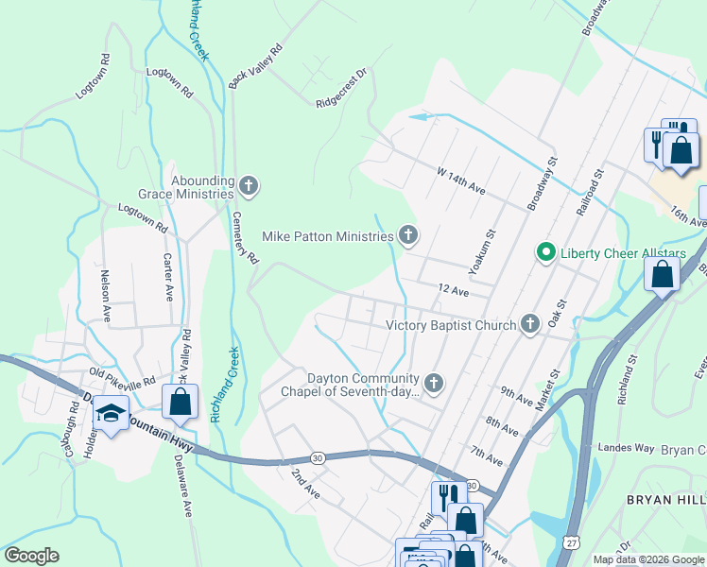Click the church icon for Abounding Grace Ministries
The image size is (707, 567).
pos(249,184)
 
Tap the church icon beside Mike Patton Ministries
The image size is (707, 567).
pos(408,234)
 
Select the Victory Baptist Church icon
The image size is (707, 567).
pos(530,324)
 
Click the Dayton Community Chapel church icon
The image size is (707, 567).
pos(434,382)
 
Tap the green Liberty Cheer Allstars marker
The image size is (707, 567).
pos(544,252)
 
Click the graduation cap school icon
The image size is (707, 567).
pos(112,415)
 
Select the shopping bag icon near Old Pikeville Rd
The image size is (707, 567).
pos(180,401)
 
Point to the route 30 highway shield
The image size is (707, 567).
pos(318,457)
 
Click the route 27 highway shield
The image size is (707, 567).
pos(573,542)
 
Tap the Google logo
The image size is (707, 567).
pos(32,556)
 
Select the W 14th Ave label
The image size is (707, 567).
pos(460,181)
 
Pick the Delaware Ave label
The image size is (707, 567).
pos(183,485)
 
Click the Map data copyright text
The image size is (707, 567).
pos(647,559)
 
